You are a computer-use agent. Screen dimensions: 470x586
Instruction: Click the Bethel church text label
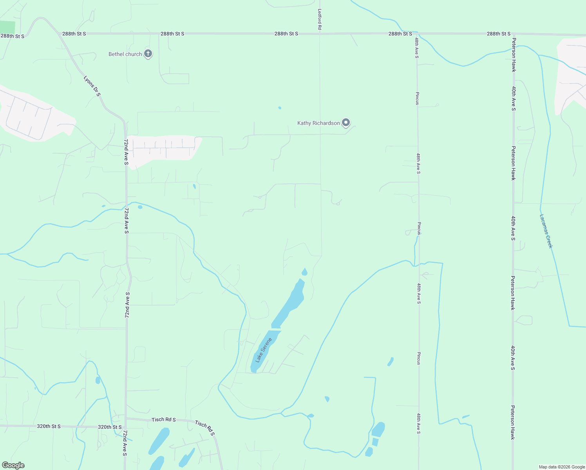(x=125, y=54)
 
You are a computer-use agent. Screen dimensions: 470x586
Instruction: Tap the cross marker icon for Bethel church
(x=148, y=54)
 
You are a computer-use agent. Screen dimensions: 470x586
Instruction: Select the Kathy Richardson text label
(x=318, y=123)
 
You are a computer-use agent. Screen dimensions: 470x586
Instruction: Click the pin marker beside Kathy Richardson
(x=346, y=123)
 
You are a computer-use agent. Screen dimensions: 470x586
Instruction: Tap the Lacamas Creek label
(x=546, y=231)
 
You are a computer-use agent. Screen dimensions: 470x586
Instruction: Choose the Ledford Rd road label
(x=320, y=20)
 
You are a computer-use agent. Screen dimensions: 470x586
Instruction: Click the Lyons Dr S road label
(x=92, y=86)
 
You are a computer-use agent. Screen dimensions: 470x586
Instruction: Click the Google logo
(x=13, y=465)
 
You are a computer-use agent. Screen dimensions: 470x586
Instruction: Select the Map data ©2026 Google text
(x=562, y=467)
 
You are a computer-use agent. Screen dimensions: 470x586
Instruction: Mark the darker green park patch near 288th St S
(x=7, y=27)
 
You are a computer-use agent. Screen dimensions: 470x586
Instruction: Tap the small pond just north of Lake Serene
(x=304, y=272)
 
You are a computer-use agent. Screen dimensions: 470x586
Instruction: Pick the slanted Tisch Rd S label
(x=205, y=428)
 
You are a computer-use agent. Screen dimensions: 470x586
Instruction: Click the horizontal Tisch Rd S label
(x=164, y=419)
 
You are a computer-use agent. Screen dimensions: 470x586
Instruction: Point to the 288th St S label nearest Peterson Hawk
(x=499, y=34)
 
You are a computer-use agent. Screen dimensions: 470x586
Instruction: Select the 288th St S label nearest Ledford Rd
(x=286, y=34)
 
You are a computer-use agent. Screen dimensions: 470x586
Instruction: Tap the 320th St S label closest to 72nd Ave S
(x=110, y=427)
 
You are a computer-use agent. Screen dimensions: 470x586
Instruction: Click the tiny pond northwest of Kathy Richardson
(x=279, y=108)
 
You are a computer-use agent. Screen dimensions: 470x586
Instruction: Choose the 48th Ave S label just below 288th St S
(x=417, y=48)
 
